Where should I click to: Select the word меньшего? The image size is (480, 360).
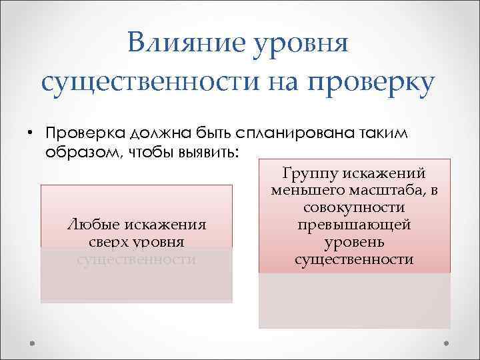click(x=306, y=191)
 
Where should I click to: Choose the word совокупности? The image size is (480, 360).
click(x=354, y=208)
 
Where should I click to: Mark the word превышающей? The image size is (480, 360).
click(x=354, y=225)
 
